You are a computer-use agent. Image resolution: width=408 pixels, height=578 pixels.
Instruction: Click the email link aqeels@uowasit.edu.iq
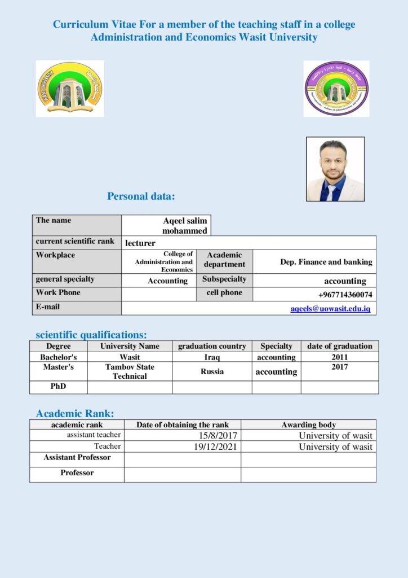[330, 309]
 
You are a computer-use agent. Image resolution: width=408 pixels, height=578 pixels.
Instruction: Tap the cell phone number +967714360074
[345, 295]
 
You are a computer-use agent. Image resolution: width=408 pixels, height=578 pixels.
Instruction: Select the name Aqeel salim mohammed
[185, 226]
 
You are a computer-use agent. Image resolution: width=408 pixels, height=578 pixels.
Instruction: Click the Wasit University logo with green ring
[70, 89]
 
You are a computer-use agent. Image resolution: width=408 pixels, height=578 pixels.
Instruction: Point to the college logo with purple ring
[336, 89]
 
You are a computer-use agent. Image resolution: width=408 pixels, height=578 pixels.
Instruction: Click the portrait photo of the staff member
[335, 169]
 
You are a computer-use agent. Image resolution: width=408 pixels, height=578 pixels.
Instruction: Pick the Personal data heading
[141, 196]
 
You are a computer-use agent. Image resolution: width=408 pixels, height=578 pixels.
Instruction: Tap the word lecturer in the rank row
[140, 243]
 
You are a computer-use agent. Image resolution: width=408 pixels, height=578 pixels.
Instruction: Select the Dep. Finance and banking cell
[326, 262]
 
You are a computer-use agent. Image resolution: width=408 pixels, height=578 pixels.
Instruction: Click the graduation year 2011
[340, 357]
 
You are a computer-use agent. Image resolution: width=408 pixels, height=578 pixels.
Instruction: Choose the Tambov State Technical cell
[130, 371]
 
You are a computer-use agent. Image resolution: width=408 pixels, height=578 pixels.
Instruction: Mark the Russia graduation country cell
[212, 371]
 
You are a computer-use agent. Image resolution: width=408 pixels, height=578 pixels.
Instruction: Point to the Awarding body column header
[308, 425]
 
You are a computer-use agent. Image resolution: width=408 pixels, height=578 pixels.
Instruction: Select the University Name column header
[130, 346]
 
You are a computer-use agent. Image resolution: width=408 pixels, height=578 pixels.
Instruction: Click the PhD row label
[59, 387]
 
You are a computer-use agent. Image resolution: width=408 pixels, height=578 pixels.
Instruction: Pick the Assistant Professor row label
[77, 458]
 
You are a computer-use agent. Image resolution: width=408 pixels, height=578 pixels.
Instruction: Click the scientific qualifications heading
[91, 335]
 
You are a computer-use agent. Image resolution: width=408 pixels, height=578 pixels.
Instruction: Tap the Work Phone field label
[58, 292]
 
